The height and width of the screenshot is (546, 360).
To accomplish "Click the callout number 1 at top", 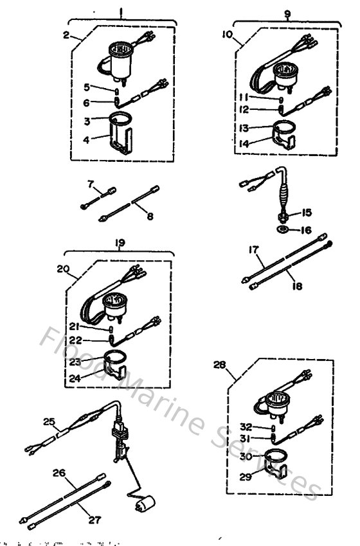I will [121, 11].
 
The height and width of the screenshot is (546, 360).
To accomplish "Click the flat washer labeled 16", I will [283, 229].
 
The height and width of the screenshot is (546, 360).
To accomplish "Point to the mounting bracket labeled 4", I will [119, 144].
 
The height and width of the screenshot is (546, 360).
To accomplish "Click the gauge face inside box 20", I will [116, 301].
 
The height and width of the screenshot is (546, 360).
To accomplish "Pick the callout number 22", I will [94, 340].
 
